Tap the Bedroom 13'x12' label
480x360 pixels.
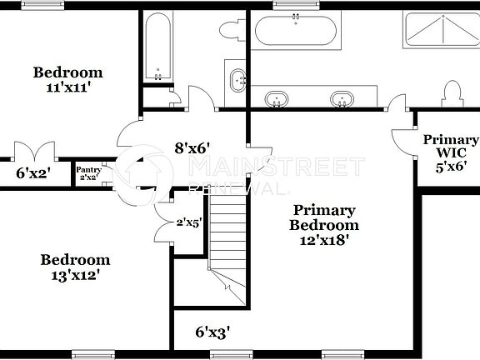point(75,267)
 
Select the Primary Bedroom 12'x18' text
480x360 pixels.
point(324,225)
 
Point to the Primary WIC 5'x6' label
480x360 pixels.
point(451,152)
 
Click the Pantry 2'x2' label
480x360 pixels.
point(89,174)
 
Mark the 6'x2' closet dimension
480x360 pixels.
point(33,173)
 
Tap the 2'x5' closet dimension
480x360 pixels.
point(189,223)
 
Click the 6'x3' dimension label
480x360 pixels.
point(212,332)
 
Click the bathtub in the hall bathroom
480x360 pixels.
point(157,47)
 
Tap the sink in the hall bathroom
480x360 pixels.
point(237,81)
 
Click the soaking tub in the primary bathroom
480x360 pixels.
point(296,31)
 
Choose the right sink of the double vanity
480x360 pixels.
point(340,99)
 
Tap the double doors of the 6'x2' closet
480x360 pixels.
point(34,152)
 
